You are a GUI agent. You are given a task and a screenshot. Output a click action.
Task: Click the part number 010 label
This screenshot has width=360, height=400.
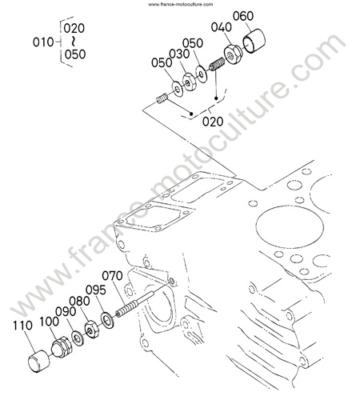coord(43,42)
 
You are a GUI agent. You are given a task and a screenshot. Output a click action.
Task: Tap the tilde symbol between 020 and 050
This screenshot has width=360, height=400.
coord(74,41)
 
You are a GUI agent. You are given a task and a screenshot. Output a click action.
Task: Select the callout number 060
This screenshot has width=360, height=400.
coord(243,16)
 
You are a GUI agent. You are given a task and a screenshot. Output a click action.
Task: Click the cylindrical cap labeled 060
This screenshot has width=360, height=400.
coord(254,41)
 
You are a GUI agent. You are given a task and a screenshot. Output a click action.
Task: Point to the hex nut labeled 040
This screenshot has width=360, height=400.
coord(232,54)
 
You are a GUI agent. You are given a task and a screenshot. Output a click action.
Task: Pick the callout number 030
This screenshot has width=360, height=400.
coord(179,54)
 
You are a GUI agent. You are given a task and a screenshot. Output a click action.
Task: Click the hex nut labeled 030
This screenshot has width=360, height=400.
coord(190,82)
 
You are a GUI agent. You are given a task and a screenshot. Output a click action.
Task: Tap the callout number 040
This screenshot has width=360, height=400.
coord(222,27)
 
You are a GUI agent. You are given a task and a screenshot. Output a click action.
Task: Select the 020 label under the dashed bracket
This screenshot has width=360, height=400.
coord(213,122)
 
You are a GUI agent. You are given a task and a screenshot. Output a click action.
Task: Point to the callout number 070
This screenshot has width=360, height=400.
coord(112,276)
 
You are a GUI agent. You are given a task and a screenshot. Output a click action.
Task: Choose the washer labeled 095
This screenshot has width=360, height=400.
coord(107,319)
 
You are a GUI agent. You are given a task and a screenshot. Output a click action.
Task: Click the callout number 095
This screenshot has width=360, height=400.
coord(96,290)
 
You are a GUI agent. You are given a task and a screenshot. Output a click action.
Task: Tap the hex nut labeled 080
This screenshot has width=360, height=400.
coord(92,330)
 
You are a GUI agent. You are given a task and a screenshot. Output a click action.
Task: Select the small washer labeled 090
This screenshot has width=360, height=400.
coord(78,338)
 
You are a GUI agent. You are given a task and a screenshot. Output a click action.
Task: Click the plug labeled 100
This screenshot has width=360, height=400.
coord(62,346)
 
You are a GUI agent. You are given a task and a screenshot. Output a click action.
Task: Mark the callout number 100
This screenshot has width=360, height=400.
coord(50,322)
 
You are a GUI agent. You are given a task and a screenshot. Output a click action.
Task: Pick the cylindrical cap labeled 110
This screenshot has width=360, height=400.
coord(39,360)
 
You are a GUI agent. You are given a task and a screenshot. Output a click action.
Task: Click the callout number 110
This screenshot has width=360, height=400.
coord(23,326)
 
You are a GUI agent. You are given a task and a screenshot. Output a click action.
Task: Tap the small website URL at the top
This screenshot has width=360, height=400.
coord(181,4)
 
